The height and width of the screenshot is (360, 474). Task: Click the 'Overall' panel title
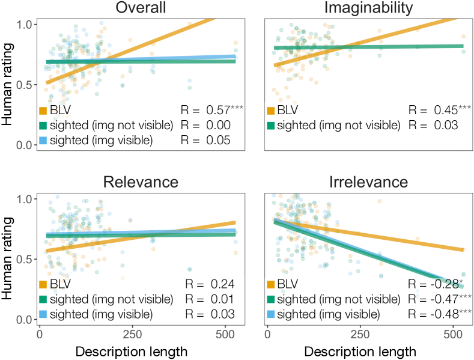(142, 8)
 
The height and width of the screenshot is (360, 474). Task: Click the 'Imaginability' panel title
(369, 8)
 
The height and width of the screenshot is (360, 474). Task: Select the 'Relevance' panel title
(141, 182)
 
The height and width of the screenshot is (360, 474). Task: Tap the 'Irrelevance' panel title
(369, 182)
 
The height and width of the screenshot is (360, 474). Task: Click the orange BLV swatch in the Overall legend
(43, 111)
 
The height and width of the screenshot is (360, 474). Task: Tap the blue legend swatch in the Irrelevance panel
(271, 314)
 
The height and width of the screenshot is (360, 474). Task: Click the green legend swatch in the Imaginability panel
(271, 125)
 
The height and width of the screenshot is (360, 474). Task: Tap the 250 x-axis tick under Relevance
(132, 333)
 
